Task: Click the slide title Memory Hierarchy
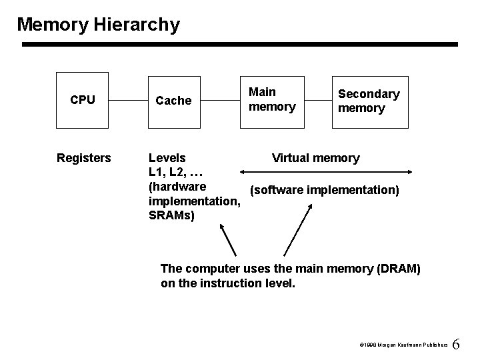click(x=98, y=25)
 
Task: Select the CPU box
click(x=83, y=100)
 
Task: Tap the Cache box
click(x=173, y=101)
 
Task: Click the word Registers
click(x=83, y=158)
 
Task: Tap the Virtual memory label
click(x=315, y=158)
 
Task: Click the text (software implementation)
click(x=324, y=191)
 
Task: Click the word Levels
click(x=167, y=158)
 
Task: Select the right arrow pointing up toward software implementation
click(x=297, y=231)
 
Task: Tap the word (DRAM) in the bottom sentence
click(x=398, y=268)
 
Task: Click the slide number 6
click(x=456, y=345)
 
